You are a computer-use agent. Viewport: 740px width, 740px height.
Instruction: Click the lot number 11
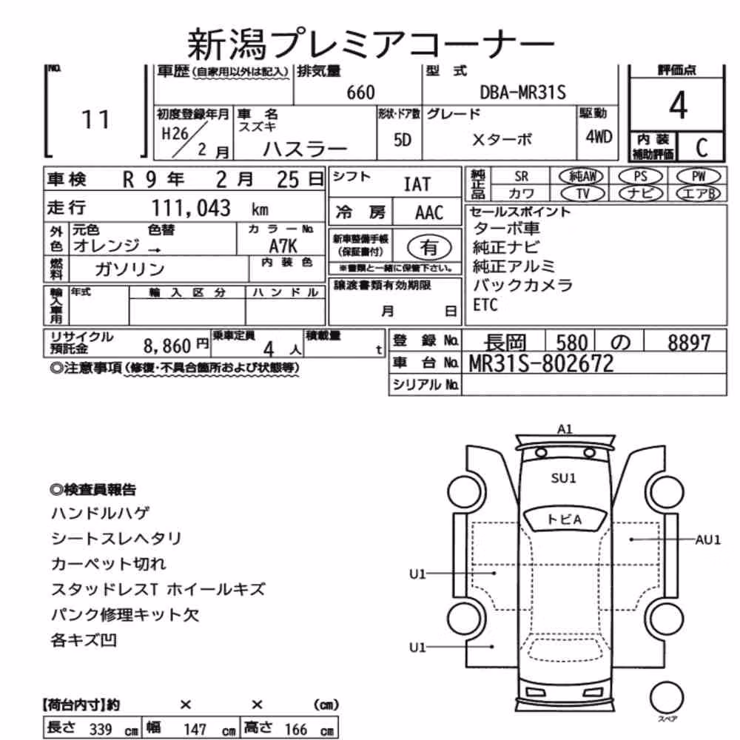pyautogui.click(x=95, y=119)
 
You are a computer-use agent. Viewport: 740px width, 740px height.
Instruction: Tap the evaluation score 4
pyautogui.click(x=678, y=105)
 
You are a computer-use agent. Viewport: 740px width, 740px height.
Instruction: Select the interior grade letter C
pyautogui.click(x=702, y=148)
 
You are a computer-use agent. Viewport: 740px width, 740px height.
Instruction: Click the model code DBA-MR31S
pyautogui.click(x=522, y=92)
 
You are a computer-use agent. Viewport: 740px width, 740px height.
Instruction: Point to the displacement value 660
pyautogui.click(x=360, y=92)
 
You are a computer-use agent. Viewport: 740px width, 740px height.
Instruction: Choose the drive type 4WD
pyautogui.click(x=599, y=137)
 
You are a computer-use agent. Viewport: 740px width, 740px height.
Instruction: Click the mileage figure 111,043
pyautogui.click(x=191, y=208)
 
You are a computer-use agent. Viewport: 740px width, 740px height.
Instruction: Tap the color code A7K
pyautogui.click(x=283, y=246)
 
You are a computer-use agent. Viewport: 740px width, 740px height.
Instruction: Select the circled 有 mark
pyautogui.click(x=428, y=247)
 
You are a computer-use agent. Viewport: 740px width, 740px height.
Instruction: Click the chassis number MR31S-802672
pyautogui.click(x=541, y=363)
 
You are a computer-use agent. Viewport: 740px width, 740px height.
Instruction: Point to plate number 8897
pyautogui.click(x=688, y=343)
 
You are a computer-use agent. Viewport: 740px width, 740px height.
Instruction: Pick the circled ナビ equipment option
pyautogui.click(x=640, y=193)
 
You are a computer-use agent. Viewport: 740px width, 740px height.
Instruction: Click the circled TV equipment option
pyautogui.click(x=583, y=193)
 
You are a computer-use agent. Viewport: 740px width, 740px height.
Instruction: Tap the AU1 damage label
pyautogui.click(x=708, y=539)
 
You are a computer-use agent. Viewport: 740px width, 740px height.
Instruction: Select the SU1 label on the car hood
pyautogui.click(x=563, y=478)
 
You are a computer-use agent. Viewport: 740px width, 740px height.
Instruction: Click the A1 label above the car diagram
pyautogui.click(x=565, y=429)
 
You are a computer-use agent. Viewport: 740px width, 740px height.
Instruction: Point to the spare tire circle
pyautogui.click(x=667, y=698)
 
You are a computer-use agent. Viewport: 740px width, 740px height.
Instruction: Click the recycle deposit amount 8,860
pyautogui.click(x=167, y=346)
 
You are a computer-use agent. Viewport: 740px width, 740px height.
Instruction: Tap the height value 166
pyautogui.click(x=295, y=730)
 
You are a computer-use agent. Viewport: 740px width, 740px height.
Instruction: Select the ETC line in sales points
pyautogui.click(x=485, y=305)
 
